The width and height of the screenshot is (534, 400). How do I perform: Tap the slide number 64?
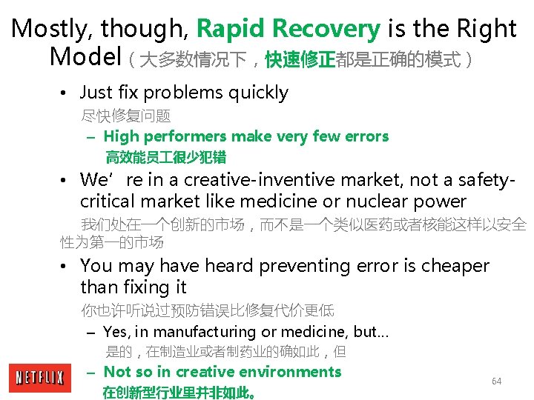(x=496, y=381)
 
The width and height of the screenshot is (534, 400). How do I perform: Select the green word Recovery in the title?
(x=326, y=29)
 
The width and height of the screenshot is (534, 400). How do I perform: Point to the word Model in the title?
(x=85, y=56)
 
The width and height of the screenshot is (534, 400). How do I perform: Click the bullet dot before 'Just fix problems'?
(x=65, y=93)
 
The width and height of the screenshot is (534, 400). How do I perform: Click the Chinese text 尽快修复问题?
(x=126, y=116)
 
